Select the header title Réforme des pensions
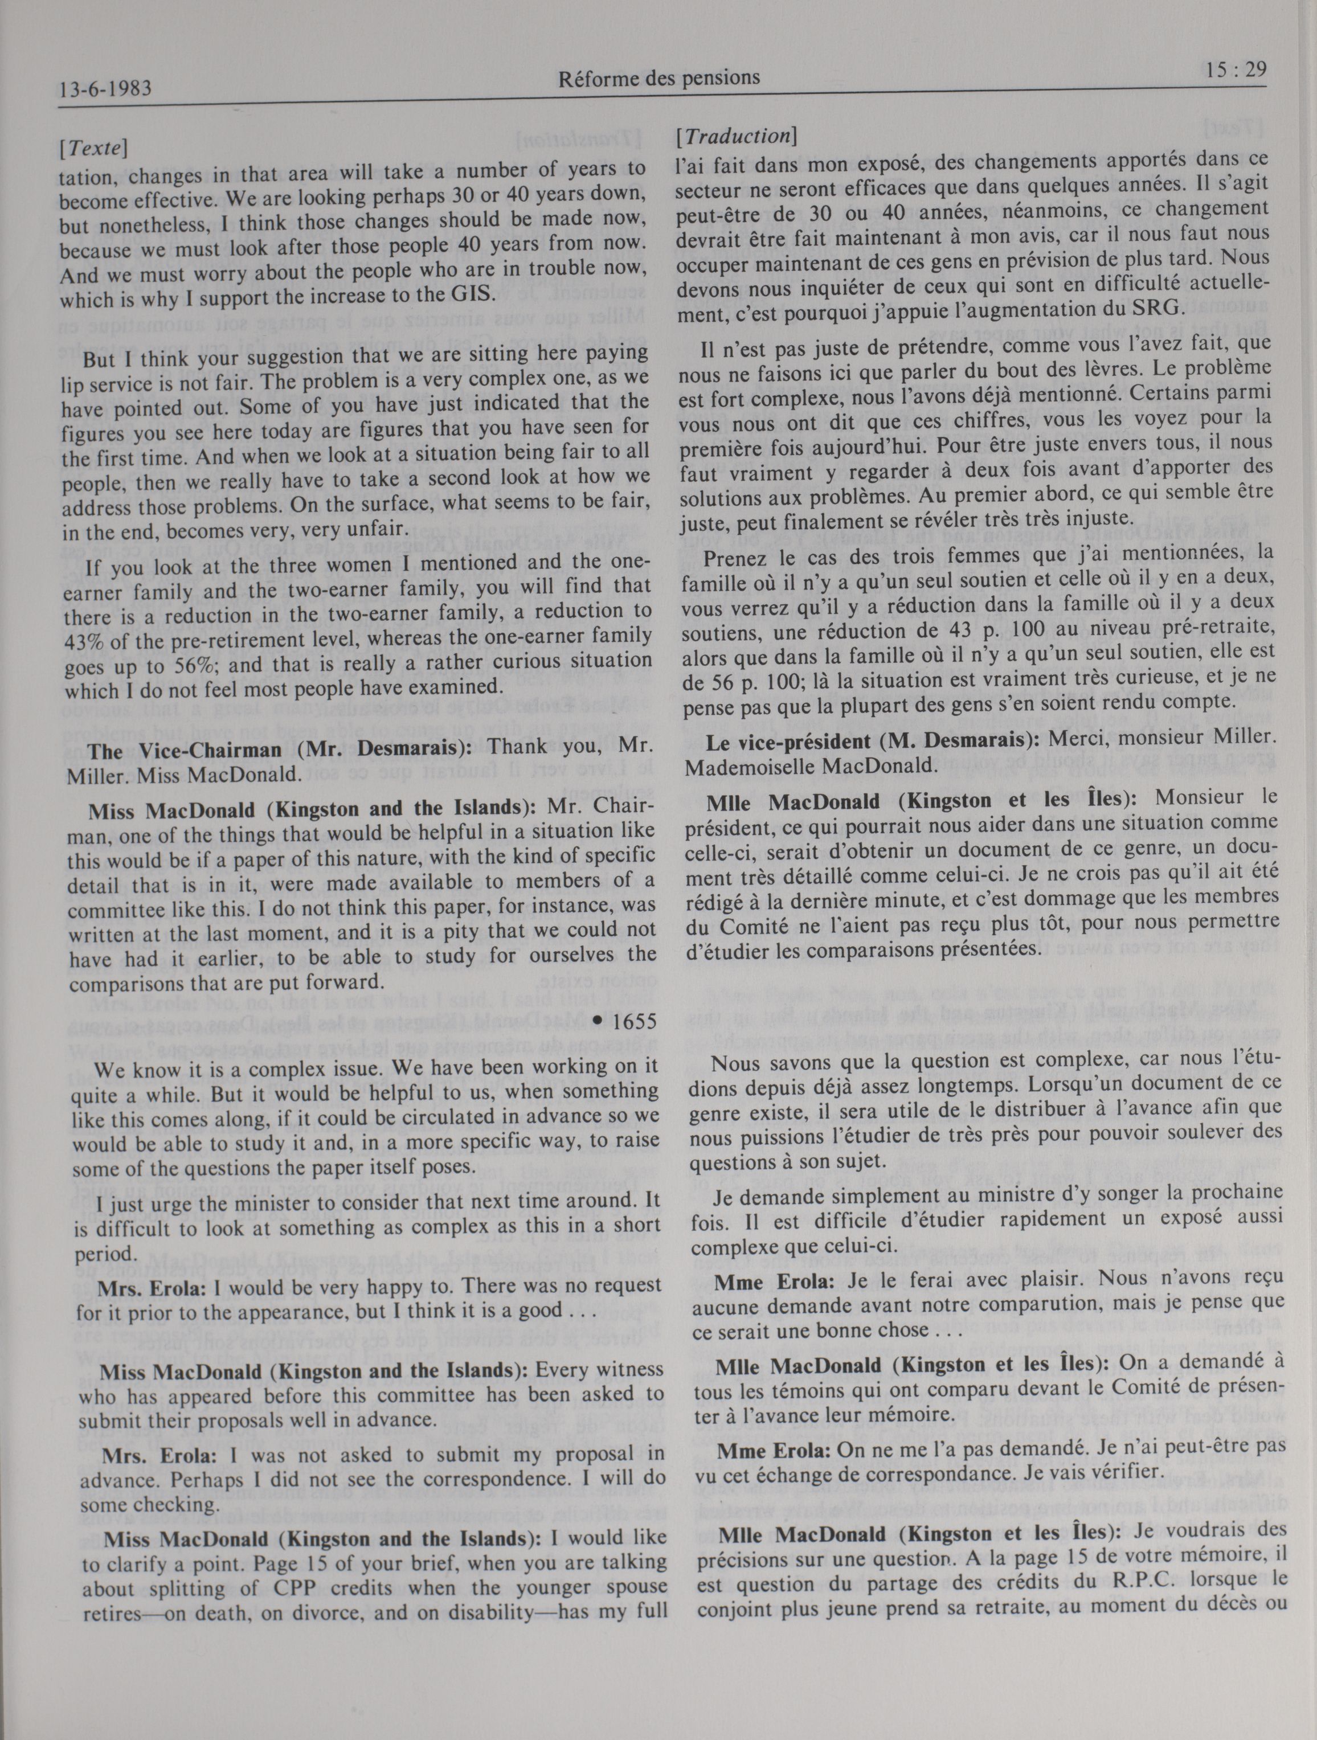coord(658,78)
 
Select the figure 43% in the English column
coord(82,636)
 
